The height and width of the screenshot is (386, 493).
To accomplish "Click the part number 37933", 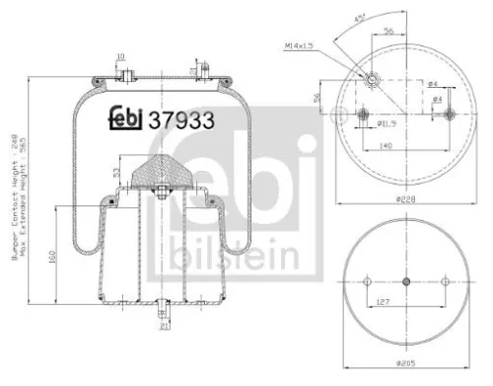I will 180,121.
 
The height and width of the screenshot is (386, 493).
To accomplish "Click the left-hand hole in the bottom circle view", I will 364,281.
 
